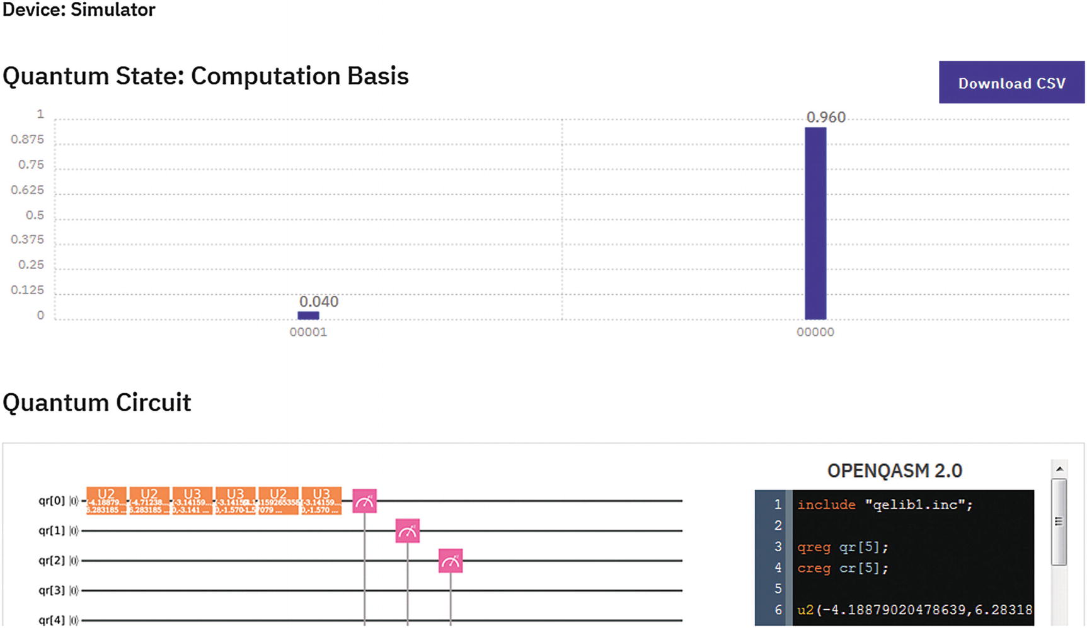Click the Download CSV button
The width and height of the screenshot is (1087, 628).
[x=1011, y=83]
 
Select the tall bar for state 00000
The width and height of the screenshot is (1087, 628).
[x=815, y=224]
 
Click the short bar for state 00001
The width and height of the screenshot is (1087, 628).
[x=308, y=316]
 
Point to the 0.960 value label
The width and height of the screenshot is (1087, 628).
[x=825, y=117]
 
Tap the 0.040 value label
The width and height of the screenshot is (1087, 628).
[x=319, y=302]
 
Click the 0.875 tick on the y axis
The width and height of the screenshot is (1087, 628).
[x=27, y=139]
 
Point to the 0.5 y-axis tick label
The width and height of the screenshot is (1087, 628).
[x=35, y=215]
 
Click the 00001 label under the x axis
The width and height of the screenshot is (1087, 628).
[x=308, y=333]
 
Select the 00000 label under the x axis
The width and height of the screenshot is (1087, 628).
[x=815, y=333]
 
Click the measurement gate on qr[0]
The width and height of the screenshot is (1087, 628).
[x=364, y=501]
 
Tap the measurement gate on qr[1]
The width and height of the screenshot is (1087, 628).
[x=407, y=532]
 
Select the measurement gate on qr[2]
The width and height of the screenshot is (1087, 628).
[x=450, y=561]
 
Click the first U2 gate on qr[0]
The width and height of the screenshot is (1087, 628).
[x=106, y=501]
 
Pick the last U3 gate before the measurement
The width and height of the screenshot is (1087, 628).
[x=321, y=501]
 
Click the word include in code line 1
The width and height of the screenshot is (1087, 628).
[x=826, y=505]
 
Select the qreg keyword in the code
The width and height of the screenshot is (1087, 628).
[x=814, y=547]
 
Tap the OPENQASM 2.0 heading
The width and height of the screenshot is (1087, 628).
[x=894, y=471]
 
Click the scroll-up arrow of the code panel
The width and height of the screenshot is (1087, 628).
[x=1059, y=469]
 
